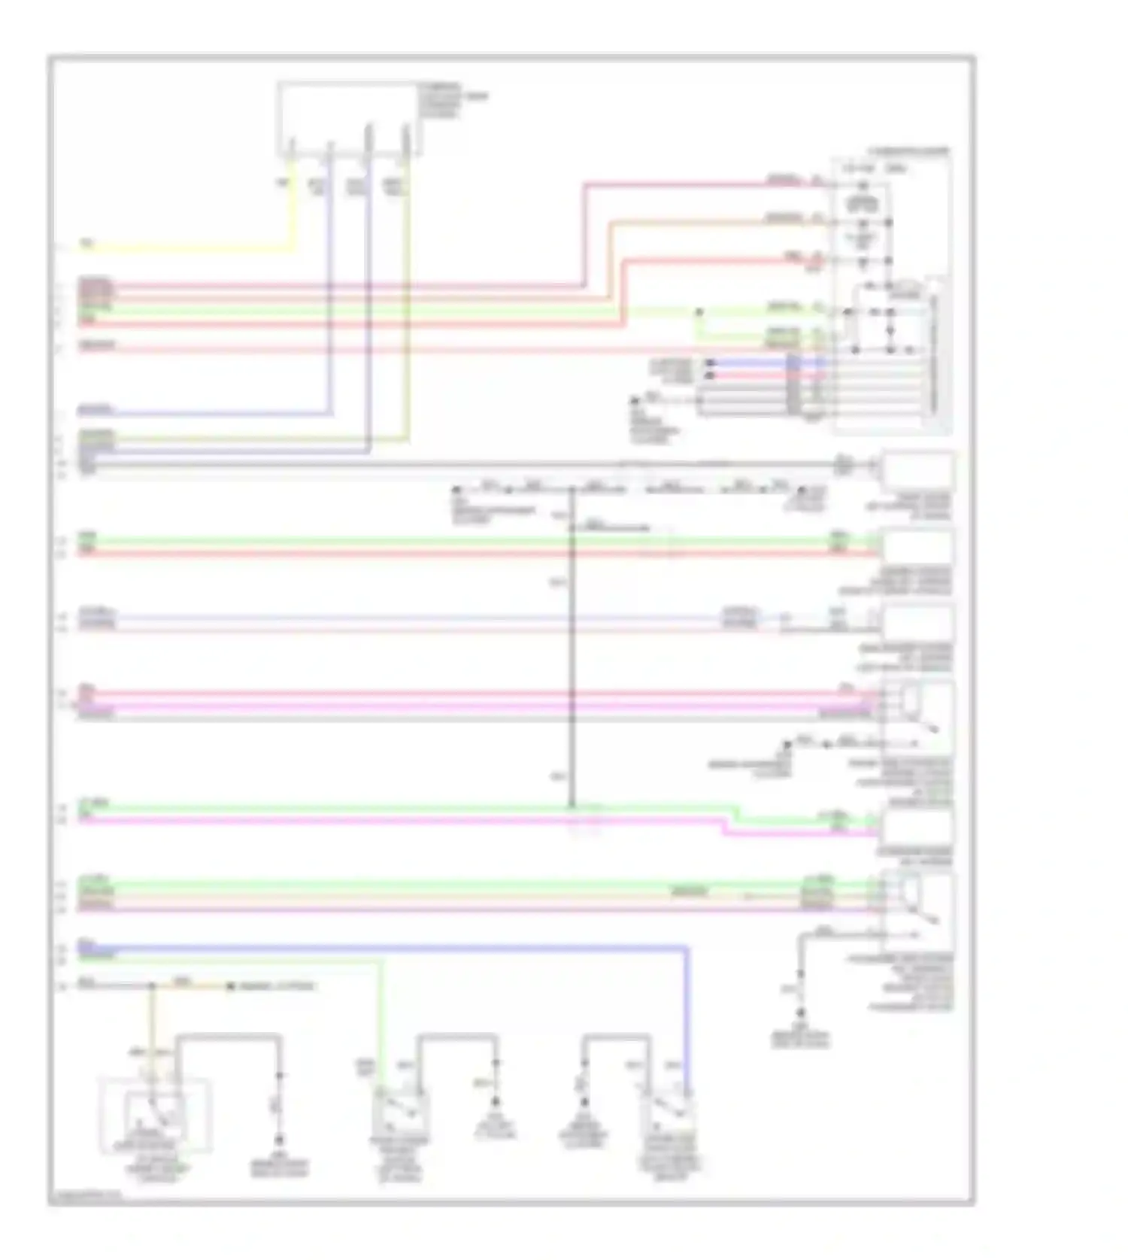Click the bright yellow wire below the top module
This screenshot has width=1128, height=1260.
pyautogui.click(x=188, y=249)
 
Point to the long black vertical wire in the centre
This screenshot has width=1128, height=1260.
pyautogui.click(x=572, y=647)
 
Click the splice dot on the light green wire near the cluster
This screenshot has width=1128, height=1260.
pyautogui.click(x=699, y=311)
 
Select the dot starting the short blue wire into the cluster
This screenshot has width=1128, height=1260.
pyautogui.click(x=709, y=364)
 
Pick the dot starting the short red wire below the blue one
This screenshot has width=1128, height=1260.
pyautogui.click(x=709, y=374)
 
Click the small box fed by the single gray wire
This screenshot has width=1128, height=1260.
pyautogui.click(x=917, y=470)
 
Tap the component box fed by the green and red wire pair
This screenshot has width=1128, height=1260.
pyautogui.click(x=917, y=547)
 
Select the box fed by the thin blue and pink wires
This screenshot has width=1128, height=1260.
pyautogui.click(x=917, y=623)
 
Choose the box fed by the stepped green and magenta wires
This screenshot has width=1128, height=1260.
pyautogui.click(x=917, y=827)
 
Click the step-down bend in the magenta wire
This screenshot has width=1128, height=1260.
pyautogui.click(x=724, y=827)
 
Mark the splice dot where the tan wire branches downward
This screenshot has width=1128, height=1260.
pyautogui.click(x=153, y=986)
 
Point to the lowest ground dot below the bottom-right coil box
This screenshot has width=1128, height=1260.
pyautogui.click(x=802, y=1013)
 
